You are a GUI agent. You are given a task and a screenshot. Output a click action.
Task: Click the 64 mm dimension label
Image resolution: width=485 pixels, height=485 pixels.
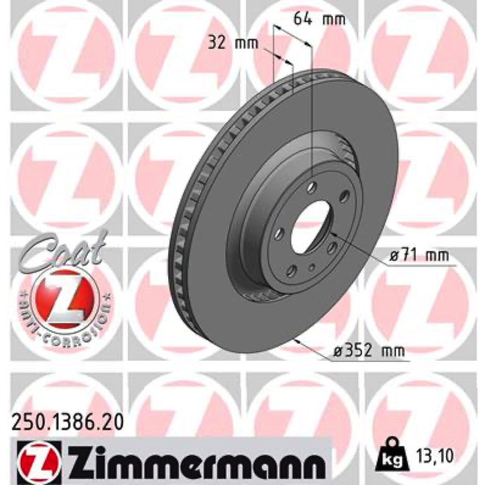[x=319, y=19]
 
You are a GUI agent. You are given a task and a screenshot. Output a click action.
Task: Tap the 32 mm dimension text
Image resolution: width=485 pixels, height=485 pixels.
[x=233, y=43]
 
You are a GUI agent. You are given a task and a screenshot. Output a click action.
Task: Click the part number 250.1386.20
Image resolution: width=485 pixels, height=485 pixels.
[x=67, y=422]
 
